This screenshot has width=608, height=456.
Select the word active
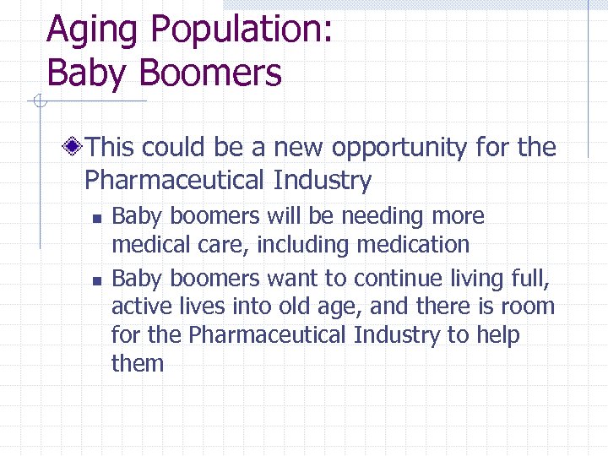138,307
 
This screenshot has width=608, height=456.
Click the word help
497,335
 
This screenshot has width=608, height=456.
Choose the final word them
137,364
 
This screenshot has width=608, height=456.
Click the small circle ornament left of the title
38,103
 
